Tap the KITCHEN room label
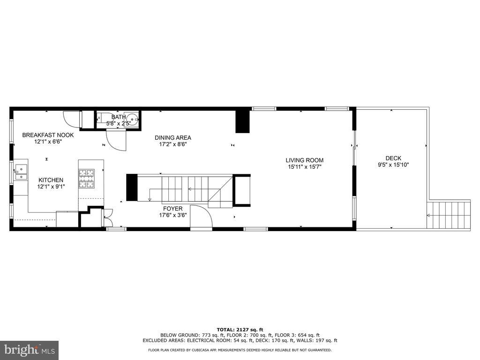tap(51, 180)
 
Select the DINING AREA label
tap(173, 138)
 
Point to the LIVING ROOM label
tap(305, 160)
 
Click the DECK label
tap(393, 158)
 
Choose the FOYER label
tap(173, 209)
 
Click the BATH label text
tap(119, 117)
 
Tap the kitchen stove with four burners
tap(86, 178)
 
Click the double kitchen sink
tap(20, 172)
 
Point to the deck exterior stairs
tap(449, 215)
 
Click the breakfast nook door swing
tap(72, 119)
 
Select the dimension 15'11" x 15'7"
tap(305, 166)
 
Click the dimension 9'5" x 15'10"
tap(393, 165)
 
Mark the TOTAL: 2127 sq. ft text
tap(240, 330)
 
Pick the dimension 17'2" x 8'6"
tap(173, 144)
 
